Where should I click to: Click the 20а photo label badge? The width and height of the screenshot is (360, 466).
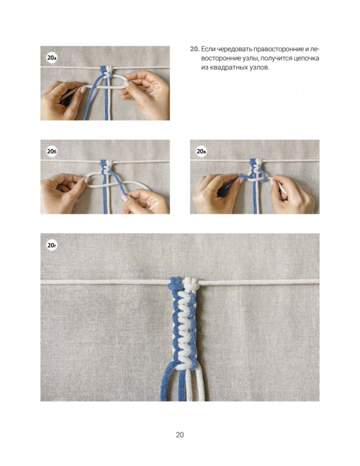point(52,58)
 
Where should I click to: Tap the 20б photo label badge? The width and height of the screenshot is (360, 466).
point(52,152)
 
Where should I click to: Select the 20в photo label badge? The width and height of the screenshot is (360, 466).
point(202,152)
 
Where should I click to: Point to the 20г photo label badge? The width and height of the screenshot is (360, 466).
point(52,245)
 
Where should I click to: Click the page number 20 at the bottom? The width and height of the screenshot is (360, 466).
point(180,435)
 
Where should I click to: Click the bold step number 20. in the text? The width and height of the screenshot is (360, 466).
point(195,49)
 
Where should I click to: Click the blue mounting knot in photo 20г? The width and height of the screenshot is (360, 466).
point(175,284)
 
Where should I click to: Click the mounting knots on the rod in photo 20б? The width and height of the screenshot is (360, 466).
point(107,163)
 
